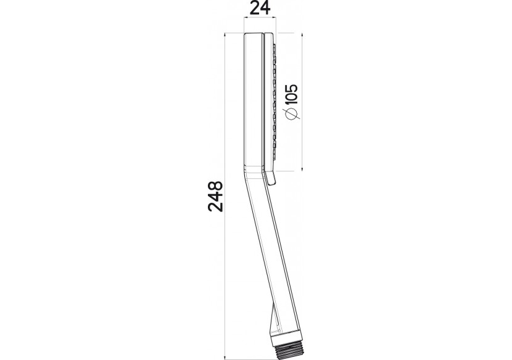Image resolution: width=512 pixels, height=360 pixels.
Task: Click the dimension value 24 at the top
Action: (260, 8)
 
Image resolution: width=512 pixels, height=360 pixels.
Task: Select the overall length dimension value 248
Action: (216, 196)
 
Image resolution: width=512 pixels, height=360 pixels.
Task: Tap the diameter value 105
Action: (292, 94)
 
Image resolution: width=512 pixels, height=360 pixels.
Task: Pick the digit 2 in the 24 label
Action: (255, 8)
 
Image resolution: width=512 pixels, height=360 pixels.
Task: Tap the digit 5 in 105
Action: (292, 88)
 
